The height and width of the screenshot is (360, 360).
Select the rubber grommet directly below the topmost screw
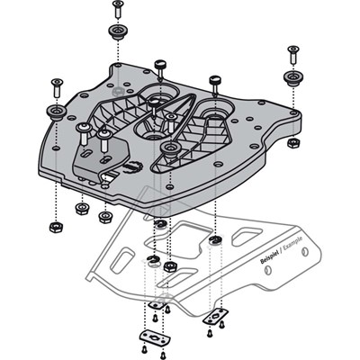click(117, 33)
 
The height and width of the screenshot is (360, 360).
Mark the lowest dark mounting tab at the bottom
click(154, 335)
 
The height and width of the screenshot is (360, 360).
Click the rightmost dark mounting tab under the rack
click(216, 317)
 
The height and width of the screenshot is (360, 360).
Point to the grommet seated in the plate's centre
click(169, 146)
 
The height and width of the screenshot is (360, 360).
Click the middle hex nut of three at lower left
click(82, 209)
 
